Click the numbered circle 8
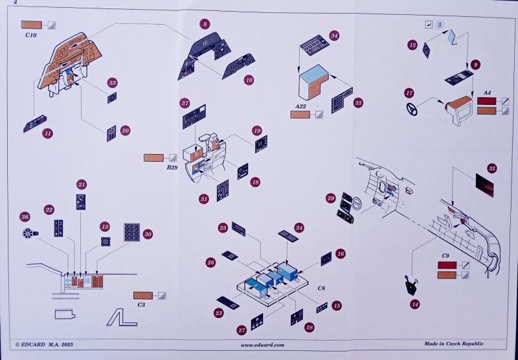coord(205,24)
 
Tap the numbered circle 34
coord(334,35)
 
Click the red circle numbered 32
coord(493,168)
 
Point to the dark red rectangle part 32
coord(487,186)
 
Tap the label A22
coord(300,105)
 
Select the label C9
coord(445,256)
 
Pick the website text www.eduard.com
coord(262,345)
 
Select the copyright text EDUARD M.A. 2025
coord(45,345)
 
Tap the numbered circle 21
coord(81,185)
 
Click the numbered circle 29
coord(330,198)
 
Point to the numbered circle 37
coord(185,104)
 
